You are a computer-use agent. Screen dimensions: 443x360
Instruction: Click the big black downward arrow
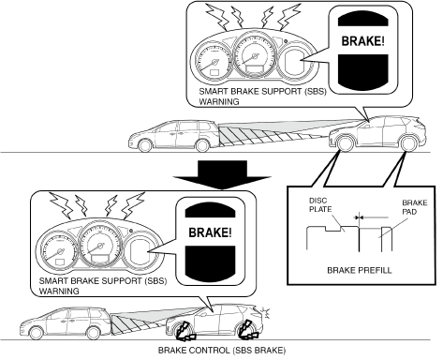tap(222, 174)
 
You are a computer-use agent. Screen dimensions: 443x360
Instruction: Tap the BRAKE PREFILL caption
tap(360, 270)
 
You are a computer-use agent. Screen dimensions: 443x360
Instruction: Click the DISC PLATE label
tap(320, 205)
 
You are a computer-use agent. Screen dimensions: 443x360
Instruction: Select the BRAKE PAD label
tap(415, 207)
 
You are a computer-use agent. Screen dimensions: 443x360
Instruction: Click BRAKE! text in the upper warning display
tap(362, 41)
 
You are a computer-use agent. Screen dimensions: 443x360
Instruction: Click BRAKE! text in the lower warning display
tap(210, 232)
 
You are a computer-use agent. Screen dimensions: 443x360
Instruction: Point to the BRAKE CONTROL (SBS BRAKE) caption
tap(222, 351)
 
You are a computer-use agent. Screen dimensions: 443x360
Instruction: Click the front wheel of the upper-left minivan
tap(145, 145)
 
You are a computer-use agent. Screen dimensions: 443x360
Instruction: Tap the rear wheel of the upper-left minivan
tap(202, 145)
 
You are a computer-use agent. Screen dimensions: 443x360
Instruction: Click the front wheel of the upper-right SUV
tap(345, 143)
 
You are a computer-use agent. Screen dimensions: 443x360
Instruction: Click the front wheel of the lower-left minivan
tap(37, 333)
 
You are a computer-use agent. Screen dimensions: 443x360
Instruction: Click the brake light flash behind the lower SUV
tap(266, 313)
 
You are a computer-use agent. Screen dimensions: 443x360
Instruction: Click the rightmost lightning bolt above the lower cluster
tap(133, 205)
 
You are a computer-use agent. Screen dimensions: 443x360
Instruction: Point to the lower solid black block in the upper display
tap(363, 71)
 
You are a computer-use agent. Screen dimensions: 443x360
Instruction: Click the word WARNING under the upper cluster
tap(219, 101)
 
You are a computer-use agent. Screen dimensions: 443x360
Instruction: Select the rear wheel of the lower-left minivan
tap(93, 333)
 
